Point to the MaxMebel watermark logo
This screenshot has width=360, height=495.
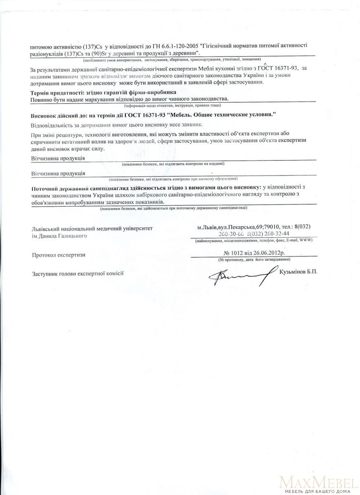pyautogui.click(x=317, y=483)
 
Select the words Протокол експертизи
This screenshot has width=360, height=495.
pyautogui.click(x=59, y=255)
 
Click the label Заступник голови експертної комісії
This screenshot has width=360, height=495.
pyautogui.click(x=78, y=273)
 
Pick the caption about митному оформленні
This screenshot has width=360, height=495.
pyautogui.click(x=173, y=179)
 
